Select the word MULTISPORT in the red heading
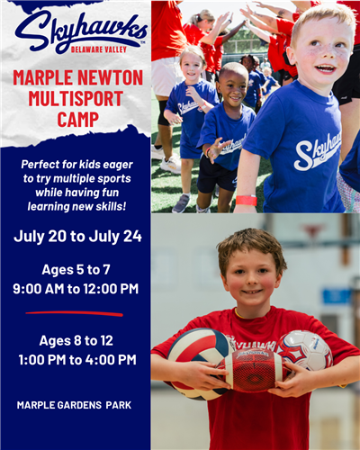(x=78, y=98)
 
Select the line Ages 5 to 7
(x=76, y=269)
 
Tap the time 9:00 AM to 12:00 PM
(x=76, y=289)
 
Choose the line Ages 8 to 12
(x=76, y=339)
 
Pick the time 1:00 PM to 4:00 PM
(x=76, y=360)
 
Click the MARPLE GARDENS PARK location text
(x=74, y=405)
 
